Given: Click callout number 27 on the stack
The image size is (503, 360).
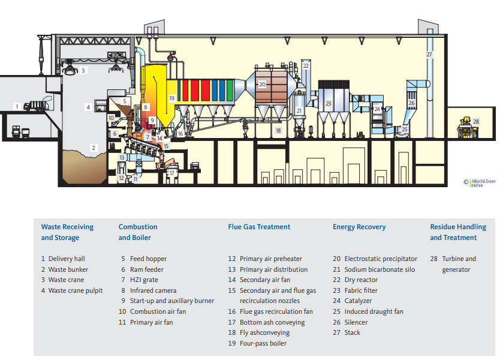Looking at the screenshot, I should click(x=429, y=55).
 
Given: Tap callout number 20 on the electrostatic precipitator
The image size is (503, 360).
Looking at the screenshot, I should click(x=262, y=85).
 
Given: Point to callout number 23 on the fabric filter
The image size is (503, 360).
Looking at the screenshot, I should click(x=328, y=103).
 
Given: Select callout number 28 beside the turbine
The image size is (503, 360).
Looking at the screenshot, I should click(x=476, y=121).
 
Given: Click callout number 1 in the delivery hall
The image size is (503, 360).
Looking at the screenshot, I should click(x=17, y=106).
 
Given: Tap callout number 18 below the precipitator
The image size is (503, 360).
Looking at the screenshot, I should click(x=278, y=130).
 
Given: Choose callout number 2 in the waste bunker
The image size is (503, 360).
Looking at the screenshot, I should click(x=93, y=147).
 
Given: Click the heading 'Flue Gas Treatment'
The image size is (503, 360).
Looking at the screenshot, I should click(x=259, y=227).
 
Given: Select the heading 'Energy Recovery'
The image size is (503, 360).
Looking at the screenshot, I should click(x=359, y=227).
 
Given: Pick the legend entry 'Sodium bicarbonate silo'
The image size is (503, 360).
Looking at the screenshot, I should click(x=379, y=269).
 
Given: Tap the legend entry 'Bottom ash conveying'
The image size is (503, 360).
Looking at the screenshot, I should click(x=272, y=322).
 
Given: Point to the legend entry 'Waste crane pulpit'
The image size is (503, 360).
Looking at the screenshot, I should click(x=76, y=290).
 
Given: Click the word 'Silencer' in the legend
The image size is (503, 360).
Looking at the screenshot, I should click(x=356, y=322).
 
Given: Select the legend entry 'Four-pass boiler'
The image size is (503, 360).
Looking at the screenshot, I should click(x=263, y=343).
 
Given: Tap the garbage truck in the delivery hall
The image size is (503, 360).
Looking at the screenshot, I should click(x=34, y=106).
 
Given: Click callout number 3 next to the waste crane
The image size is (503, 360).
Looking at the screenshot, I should click(x=84, y=70).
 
